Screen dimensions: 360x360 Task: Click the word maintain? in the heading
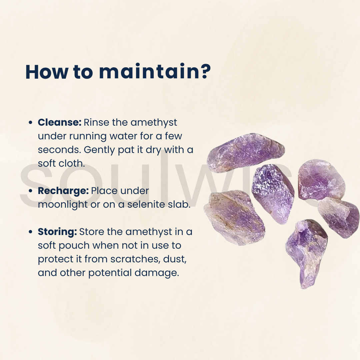[155, 72]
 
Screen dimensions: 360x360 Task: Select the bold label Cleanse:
[60, 122]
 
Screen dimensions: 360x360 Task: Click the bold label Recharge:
[63, 191]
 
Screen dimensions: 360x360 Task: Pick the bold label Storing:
[57, 232]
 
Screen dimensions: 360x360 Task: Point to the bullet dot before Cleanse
[30, 123]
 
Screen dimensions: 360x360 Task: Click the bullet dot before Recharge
[30, 191]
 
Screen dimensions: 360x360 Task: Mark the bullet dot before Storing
[30, 232]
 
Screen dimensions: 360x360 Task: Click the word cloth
[74, 164]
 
